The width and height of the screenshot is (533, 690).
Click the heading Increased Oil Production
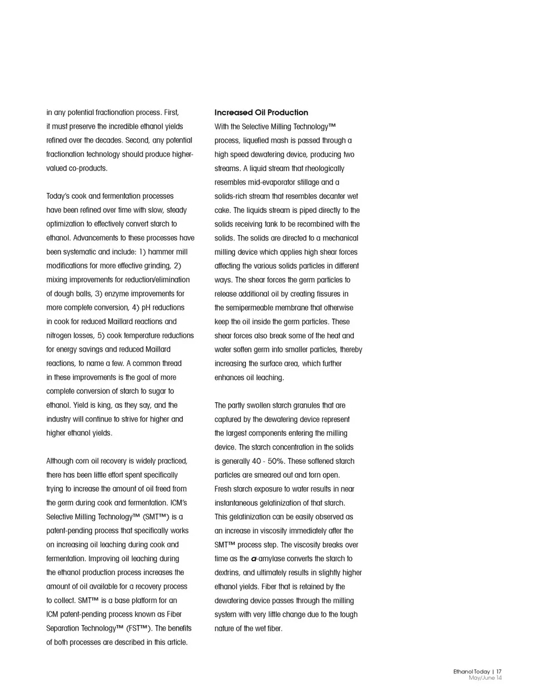261,112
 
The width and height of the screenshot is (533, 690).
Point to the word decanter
332,196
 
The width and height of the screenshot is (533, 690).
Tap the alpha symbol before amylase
254,559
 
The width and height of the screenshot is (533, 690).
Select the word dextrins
228,573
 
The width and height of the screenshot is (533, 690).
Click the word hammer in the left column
162,252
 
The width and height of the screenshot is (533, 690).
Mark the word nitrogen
62,336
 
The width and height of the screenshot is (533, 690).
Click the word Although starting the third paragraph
62,461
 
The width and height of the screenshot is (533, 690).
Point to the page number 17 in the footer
499,672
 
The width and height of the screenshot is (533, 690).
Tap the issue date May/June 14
485,678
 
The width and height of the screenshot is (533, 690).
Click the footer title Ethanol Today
471,672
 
